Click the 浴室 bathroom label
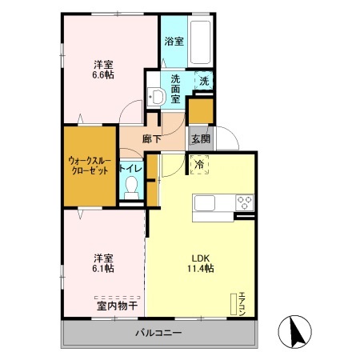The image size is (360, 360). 173,42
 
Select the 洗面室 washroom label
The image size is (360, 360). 174,84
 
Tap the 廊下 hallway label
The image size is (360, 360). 152,139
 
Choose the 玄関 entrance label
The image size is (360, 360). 201,138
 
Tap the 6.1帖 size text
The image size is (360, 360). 102,269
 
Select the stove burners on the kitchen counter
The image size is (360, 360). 245,202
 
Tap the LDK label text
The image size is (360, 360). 199,258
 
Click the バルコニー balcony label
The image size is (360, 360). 158,333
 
